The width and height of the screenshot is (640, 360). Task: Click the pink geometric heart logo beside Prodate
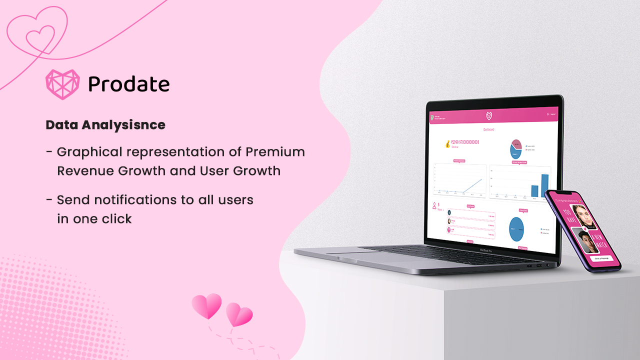(62, 84)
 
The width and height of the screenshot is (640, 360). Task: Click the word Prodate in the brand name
(129, 84)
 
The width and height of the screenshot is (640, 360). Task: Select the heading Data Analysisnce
(105, 125)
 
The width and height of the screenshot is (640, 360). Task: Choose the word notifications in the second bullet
(129, 200)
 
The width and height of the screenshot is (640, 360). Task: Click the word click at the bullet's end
(115, 219)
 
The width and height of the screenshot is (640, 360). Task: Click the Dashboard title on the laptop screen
(488, 129)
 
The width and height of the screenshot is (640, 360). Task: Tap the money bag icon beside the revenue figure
(446, 144)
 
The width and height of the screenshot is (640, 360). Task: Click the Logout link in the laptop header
(552, 114)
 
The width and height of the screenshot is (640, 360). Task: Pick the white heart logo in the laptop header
(489, 116)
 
